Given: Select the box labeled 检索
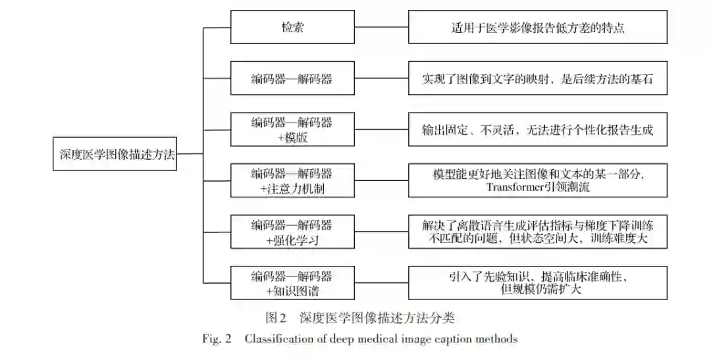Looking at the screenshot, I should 291,28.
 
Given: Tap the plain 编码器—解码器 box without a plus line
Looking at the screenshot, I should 291,79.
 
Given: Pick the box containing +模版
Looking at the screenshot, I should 291,130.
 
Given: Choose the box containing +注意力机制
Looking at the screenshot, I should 291,181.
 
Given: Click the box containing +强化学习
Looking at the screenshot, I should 291,232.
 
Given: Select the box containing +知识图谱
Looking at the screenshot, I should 291,282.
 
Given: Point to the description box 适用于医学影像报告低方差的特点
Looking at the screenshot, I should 537,28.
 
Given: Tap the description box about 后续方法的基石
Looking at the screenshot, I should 537,79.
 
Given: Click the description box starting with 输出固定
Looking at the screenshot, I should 537,130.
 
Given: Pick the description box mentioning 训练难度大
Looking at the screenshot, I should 537,232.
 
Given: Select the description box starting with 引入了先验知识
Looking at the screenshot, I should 537,282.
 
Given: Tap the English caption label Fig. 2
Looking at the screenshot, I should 217,340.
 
